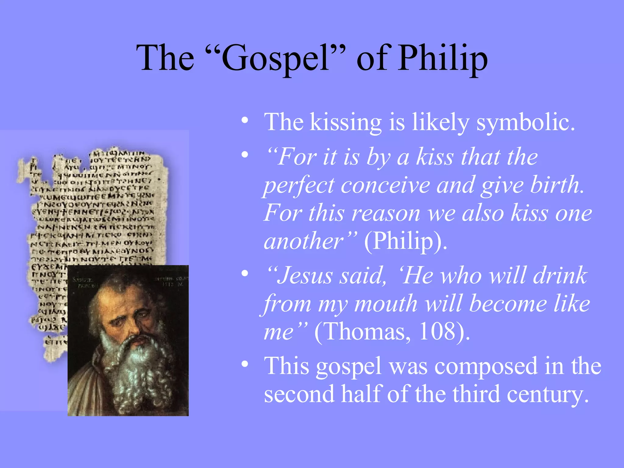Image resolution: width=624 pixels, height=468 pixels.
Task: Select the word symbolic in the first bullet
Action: (526, 122)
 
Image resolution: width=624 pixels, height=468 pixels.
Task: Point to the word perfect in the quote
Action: (299, 185)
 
